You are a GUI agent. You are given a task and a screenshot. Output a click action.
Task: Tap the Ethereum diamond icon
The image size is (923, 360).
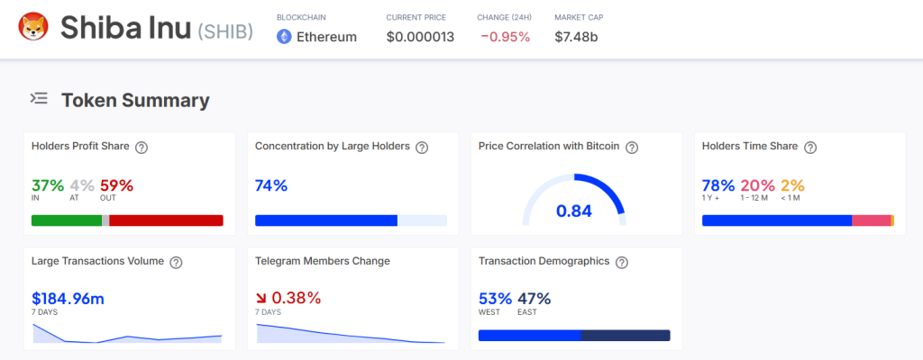tap(284, 37)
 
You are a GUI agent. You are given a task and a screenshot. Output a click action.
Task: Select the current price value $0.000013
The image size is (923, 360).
tap(420, 37)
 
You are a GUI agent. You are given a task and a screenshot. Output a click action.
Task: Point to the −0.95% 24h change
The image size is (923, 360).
tap(505, 37)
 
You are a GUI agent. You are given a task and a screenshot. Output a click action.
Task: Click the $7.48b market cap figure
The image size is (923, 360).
tap(576, 37)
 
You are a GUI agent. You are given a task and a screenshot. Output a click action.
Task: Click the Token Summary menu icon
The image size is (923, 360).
tap(39, 99)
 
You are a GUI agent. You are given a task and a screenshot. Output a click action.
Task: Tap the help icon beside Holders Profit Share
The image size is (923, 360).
tap(142, 147)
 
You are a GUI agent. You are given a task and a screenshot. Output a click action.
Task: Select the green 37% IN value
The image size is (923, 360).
tap(48, 185)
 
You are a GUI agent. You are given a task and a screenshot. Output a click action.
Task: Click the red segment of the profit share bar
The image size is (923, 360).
tap(166, 220)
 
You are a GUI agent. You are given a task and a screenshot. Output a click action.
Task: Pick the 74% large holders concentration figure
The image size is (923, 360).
tap(271, 185)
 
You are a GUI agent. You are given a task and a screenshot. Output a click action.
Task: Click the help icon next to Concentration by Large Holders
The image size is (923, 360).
tap(422, 147)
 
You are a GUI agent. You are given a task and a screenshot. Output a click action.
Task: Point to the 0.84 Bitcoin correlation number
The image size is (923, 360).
tap(574, 211)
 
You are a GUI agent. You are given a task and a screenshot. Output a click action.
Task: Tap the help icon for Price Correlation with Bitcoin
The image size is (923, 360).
tap(632, 147)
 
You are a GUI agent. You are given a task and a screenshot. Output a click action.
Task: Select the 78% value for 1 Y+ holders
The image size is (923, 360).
tap(718, 185)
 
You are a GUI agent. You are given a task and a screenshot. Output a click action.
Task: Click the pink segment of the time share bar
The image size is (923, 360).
tap(871, 220)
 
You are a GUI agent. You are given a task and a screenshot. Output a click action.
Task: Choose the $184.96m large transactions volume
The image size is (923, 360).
tap(68, 298)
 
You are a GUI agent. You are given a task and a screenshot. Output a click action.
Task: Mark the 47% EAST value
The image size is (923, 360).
tap(534, 298)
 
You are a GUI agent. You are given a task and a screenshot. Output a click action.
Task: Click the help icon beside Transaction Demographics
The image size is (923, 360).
tap(622, 262)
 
